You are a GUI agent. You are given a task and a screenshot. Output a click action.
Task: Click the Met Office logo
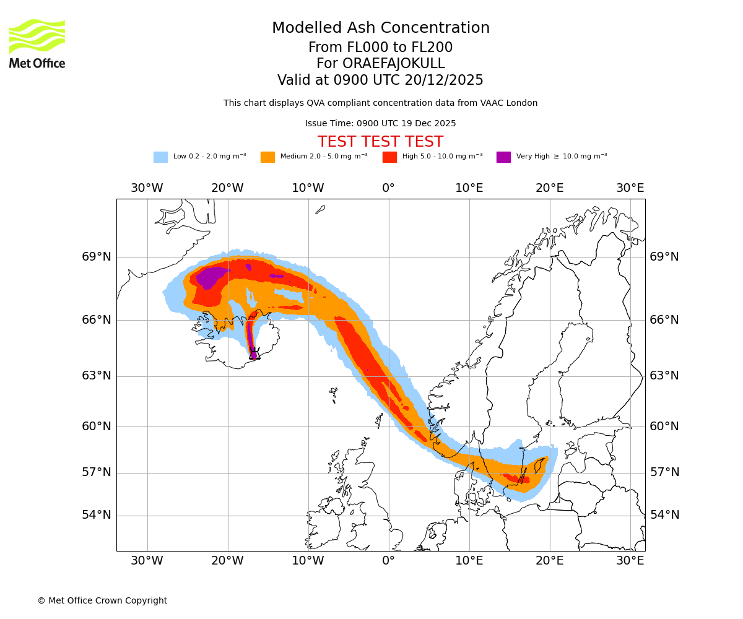(x=37, y=43)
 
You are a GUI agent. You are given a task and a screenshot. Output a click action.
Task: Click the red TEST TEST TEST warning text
(x=380, y=142)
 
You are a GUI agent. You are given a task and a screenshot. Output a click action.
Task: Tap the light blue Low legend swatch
(x=160, y=157)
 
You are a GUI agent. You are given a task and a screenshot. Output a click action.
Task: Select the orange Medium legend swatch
(x=267, y=157)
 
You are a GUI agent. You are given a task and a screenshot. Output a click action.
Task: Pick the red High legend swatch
(x=389, y=157)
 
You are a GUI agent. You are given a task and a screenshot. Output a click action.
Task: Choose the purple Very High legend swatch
(x=503, y=157)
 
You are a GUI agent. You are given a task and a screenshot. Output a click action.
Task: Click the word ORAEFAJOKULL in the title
(x=394, y=64)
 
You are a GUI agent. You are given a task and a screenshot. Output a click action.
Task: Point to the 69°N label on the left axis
(x=97, y=257)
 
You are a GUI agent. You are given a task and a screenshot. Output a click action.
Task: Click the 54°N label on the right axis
(x=664, y=515)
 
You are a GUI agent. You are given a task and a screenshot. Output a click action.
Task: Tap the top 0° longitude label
(x=388, y=188)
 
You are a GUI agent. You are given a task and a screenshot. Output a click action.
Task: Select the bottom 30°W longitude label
(x=147, y=561)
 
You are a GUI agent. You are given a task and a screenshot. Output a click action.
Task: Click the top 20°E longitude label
(x=549, y=188)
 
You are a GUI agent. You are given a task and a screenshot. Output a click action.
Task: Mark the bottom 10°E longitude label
(x=469, y=561)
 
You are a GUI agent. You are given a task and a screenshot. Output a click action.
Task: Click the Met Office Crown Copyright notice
(x=102, y=600)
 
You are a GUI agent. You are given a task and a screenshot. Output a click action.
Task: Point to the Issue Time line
(x=380, y=123)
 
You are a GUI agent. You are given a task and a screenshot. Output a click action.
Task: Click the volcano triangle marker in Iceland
(x=254, y=355)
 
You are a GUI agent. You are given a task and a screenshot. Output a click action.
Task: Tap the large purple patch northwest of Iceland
(x=211, y=275)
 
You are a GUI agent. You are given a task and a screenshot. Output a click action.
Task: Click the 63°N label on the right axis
(x=664, y=376)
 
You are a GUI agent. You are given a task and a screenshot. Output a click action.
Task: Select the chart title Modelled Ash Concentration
(x=380, y=28)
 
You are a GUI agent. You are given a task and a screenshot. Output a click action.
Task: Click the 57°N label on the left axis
(x=97, y=472)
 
